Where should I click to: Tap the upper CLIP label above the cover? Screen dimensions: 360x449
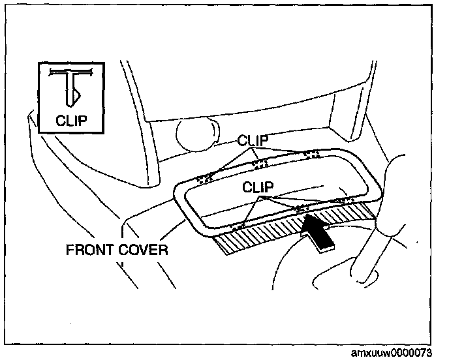click(254, 140)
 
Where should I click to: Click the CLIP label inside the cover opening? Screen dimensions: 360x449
click(259, 187)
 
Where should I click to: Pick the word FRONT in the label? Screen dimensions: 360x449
click(91, 249)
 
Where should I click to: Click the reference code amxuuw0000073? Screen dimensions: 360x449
click(392, 352)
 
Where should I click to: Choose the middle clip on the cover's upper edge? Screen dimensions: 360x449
click(260, 161)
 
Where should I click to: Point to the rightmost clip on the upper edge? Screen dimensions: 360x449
click(311, 154)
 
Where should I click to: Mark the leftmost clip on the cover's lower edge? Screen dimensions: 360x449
click(239, 225)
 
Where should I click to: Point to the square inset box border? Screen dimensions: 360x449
click(39, 98)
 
